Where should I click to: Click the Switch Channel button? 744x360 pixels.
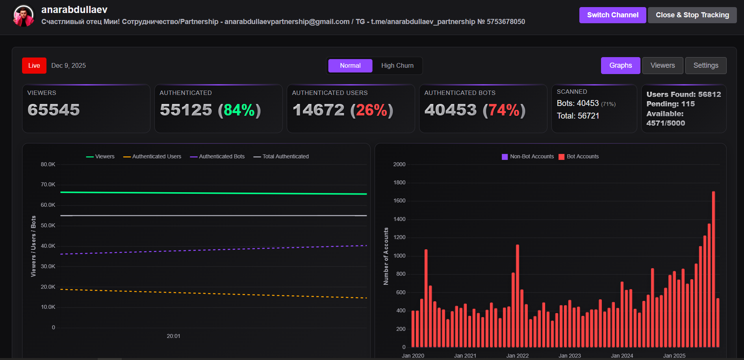(x=612, y=15)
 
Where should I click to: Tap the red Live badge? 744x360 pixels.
(x=34, y=65)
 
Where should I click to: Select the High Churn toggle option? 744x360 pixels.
(x=397, y=65)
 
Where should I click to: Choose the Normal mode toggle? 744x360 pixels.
(x=350, y=65)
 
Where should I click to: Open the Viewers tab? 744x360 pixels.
(x=662, y=65)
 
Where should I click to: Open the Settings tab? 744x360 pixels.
(x=705, y=65)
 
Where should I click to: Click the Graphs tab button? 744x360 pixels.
(x=620, y=65)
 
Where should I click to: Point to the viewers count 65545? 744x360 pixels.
(x=54, y=110)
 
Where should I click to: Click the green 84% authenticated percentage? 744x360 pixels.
(x=239, y=110)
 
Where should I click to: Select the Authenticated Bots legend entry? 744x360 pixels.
(x=217, y=156)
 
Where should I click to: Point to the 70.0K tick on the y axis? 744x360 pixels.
(x=48, y=184)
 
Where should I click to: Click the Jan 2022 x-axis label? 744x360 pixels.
(x=517, y=356)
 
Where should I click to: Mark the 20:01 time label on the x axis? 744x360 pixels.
(x=173, y=336)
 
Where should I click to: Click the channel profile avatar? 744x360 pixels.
(x=24, y=16)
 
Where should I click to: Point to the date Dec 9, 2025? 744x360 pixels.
(x=69, y=65)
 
